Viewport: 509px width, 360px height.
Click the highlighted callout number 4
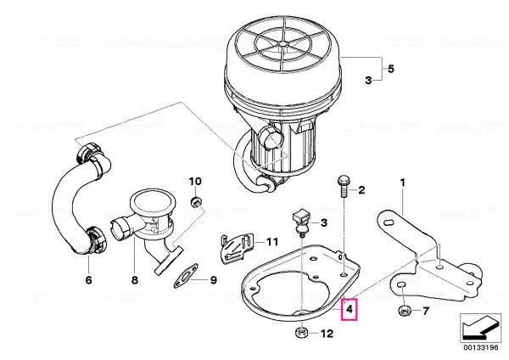[349, 309]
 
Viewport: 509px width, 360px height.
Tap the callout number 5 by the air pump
[391, 69]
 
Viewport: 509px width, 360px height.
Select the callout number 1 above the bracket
[402, 183]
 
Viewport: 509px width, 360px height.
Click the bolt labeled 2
[343, 187]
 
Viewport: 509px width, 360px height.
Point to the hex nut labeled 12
[301, 332]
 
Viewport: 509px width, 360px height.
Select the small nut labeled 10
[196, 203]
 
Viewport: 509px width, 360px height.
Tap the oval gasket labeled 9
[186, 275]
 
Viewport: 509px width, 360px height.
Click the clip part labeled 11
[236, 248]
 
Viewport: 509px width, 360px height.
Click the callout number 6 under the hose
[88, 279]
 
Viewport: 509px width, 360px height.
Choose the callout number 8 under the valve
[135, 279]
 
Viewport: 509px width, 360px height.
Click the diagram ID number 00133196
[480, 347]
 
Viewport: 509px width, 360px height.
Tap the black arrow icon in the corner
[480, 328]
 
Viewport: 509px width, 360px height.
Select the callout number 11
[272, 242]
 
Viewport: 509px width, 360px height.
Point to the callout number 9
[213, 279]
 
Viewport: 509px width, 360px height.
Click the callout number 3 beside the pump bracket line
[368, 80]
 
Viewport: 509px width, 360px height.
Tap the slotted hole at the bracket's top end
[389, 222]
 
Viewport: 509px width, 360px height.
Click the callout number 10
[195, 181]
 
